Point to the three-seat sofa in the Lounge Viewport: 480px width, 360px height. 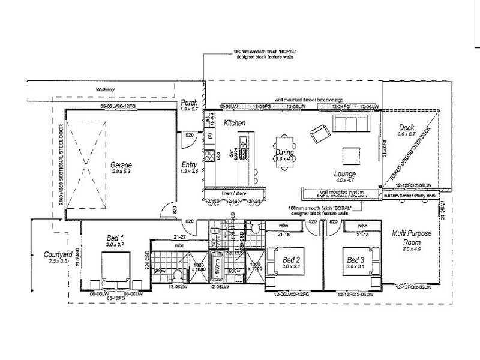(352, 124)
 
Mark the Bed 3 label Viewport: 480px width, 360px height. (356, 259)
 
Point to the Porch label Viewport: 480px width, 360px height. (190, 103)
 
